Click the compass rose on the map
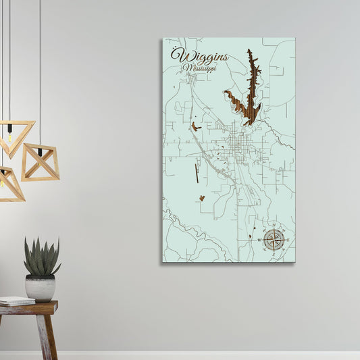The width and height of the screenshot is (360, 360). tap(274, 239)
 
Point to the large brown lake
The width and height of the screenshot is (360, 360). tap(249, 98)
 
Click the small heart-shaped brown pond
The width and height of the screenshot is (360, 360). tap(201, 199)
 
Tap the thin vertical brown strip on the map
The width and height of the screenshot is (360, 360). tap(197, 174)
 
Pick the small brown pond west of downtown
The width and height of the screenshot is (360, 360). tap(195, 126)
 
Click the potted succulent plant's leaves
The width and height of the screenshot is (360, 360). tap(41, 257)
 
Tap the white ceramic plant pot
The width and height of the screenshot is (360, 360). tap(41, 287)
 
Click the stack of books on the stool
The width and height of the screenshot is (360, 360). tap(16, 301)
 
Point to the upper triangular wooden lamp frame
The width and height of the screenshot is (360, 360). tap(15, 137)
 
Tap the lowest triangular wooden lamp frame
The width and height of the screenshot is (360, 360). tap(9, 184)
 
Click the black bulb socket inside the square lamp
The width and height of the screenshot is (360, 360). tap(39, 152)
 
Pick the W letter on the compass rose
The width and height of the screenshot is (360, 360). tap(259, 240)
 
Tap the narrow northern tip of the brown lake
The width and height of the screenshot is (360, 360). tap(249, 53)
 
